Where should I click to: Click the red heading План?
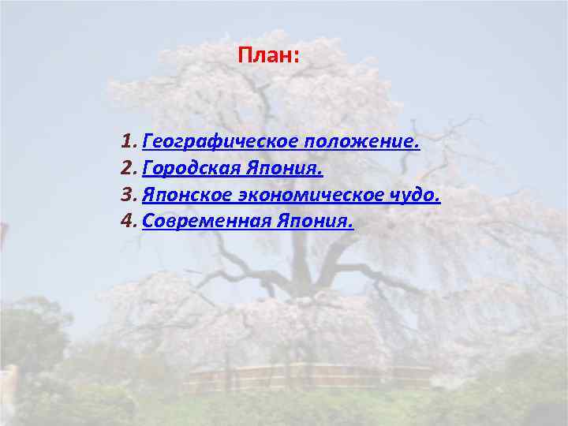tap(268, 57)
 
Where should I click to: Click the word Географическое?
tap(207, 143)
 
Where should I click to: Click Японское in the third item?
tap(184, 195)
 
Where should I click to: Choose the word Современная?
tap(207, 221)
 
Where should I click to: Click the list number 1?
tap(129, 143)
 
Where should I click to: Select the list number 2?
tap(129, 169)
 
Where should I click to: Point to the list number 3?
tap(129, 195)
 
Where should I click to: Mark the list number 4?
tap(129, 221)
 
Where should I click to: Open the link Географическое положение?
tap(282, 143)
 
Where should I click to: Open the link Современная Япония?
tap(248, 221)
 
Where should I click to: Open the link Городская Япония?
tap(233, 169)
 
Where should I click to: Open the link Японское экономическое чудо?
tap(292, 195)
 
